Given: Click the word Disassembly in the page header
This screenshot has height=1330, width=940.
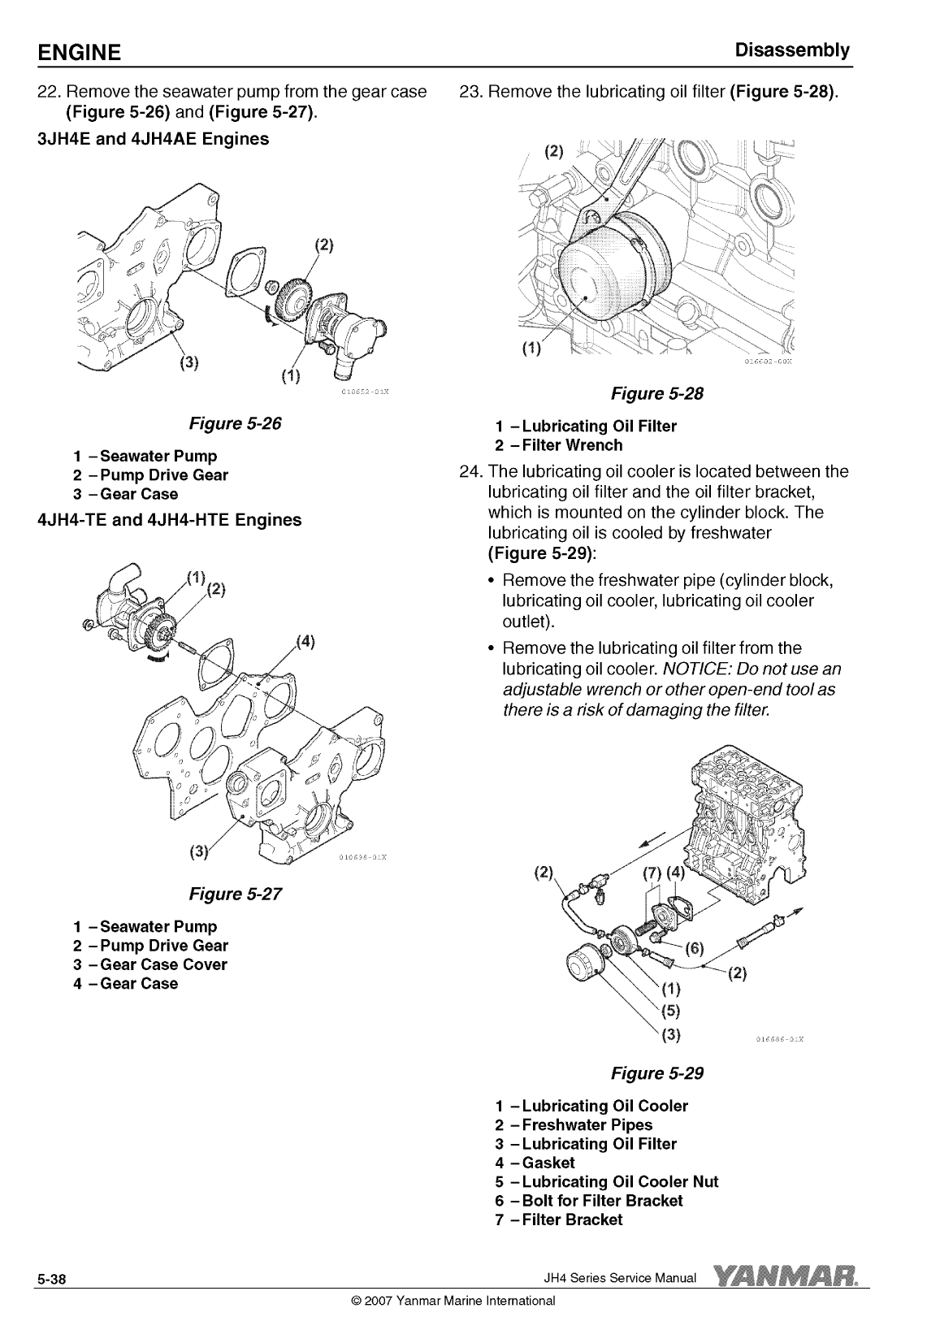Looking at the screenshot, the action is (x=792, y=50).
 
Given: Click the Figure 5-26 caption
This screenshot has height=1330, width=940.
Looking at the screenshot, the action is (x=235, y=423).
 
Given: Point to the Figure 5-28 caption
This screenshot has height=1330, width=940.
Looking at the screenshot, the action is (x=656, y=394).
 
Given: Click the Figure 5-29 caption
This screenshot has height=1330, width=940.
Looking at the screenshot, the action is (x=656, y=1073).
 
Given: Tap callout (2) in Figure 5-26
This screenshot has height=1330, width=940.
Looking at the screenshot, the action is (x=323, y=245).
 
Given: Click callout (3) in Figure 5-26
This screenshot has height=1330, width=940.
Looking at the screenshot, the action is (x=188, y=362).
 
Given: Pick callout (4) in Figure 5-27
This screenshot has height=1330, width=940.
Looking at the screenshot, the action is (x=305, y=642).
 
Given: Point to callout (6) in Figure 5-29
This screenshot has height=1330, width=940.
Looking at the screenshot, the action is (x=694, y=949).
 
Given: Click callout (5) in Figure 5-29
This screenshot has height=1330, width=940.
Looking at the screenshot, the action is (x=670, y=1010).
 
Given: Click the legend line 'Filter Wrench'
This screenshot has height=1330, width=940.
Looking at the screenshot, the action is (x=559, y=445).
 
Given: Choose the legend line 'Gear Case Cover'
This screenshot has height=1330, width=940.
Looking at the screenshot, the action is (x=150, y=964).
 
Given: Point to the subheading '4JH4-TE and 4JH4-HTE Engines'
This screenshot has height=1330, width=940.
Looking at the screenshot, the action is (x=170, y=520).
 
